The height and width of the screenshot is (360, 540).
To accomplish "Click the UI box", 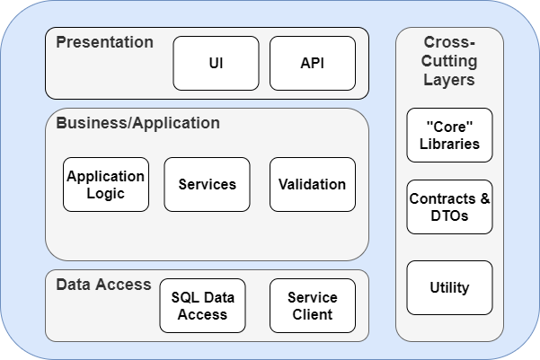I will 216,64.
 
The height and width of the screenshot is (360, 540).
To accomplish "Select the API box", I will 313,64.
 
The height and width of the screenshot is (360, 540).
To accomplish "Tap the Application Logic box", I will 106,184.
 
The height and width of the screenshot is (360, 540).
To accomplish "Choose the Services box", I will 207,184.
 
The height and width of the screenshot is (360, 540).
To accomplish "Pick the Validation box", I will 312,184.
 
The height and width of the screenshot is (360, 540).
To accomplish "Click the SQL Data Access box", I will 202,305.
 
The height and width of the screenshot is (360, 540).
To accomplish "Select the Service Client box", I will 312,305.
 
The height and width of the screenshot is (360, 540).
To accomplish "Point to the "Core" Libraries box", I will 449,135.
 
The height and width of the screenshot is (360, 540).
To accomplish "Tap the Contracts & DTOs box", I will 449,206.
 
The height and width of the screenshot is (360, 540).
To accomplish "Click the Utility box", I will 449,288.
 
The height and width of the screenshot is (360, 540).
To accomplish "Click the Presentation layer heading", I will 104,42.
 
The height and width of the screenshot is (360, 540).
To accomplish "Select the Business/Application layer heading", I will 137,123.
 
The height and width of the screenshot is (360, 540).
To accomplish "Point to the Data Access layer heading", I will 103,285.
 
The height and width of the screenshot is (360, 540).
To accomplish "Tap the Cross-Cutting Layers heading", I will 449,61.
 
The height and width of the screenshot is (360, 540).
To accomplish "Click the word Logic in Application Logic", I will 106,193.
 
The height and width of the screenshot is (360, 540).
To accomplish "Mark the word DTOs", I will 449,215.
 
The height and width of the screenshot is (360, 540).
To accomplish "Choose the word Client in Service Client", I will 312,314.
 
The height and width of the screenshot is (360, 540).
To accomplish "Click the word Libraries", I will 449,144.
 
